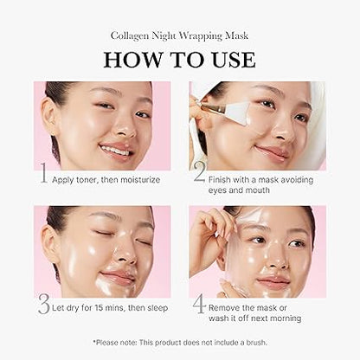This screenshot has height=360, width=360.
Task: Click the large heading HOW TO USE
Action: click(180, 60)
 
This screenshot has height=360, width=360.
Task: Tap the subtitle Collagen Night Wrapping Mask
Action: click(180, 36)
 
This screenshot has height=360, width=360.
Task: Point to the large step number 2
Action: click(198, 173)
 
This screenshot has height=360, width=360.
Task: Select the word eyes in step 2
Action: click(223, 184)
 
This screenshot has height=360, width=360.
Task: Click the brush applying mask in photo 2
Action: click(215, 106)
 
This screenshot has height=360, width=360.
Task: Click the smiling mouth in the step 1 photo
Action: click(114, 150)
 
